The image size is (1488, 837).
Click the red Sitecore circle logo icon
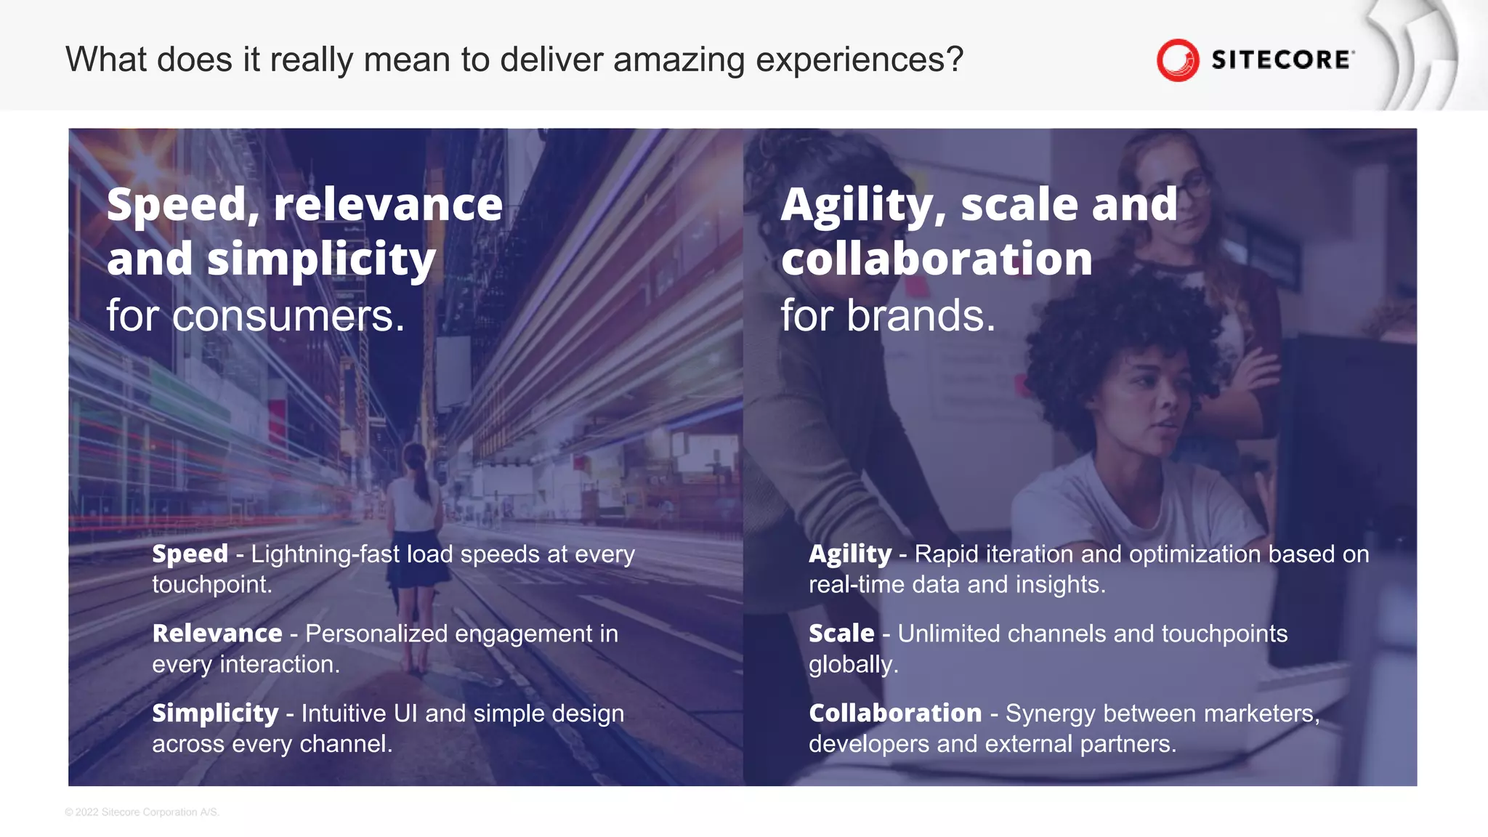1177,60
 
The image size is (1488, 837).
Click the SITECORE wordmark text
1281,60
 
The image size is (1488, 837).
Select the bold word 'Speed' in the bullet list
190,554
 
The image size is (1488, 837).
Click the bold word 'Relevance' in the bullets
217,634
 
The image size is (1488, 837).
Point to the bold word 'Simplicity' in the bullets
215,713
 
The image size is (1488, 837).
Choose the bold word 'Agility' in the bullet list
849,554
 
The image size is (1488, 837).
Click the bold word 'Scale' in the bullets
841,634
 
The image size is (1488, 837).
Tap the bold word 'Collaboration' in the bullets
895,713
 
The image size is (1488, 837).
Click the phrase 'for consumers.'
256,316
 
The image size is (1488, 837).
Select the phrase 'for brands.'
888,316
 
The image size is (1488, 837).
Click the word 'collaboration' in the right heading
937,259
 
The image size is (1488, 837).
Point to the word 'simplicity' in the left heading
321,259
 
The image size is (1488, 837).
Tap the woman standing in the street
415,538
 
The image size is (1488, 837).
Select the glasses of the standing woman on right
1192,185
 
